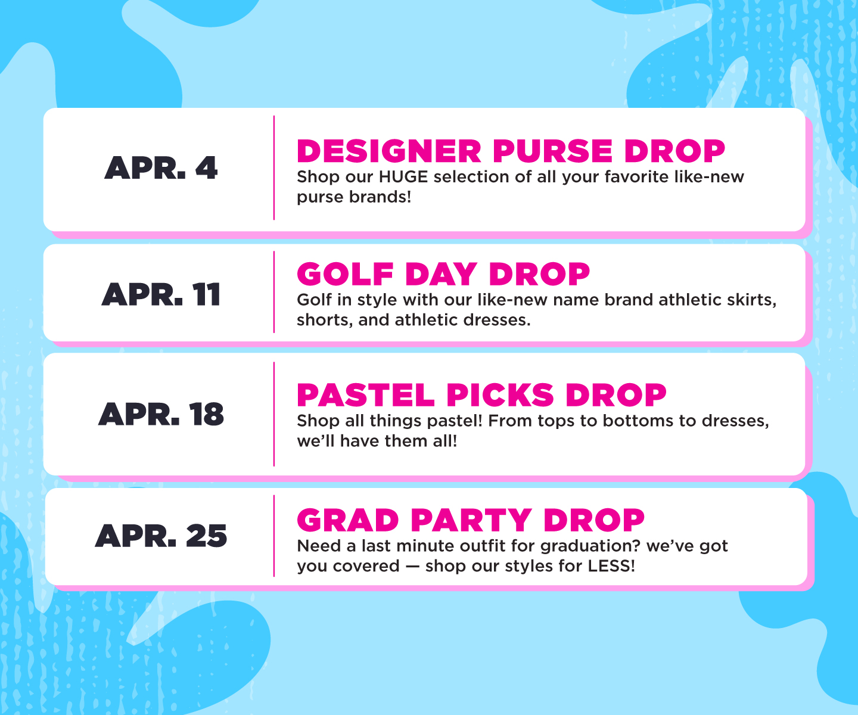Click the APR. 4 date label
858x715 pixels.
[161, 168]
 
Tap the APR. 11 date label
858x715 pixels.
[161, 295]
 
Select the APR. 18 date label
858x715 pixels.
[161, 414]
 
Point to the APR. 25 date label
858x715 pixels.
[161, 536]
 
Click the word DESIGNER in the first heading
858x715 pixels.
[389, 151]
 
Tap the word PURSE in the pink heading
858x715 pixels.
[552, 151]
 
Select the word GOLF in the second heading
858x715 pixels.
[345, 275]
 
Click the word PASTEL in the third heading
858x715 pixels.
[366, 396]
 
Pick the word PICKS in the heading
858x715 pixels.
[500, 396]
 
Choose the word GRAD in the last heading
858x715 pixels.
[348, 521]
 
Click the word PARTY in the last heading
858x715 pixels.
[471, 521]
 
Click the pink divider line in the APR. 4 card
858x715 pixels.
[274, 168]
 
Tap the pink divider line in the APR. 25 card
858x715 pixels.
[274, 536]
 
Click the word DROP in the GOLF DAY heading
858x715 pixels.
[539, 275]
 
